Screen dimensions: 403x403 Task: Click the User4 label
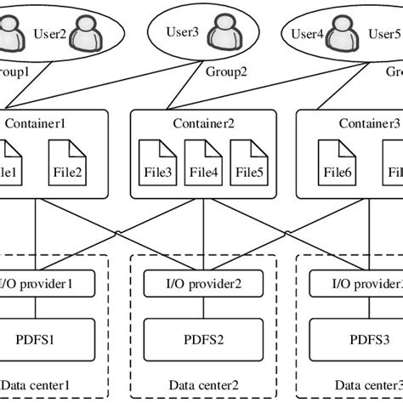click(x=309, y=35)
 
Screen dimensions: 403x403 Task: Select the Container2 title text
click(x=202, y=123)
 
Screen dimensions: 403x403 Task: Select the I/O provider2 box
click(x=202, y=281)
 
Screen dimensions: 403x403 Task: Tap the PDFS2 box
click(x=202, y=339)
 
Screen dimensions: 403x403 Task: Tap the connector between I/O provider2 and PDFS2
click(x=202, y=307)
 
